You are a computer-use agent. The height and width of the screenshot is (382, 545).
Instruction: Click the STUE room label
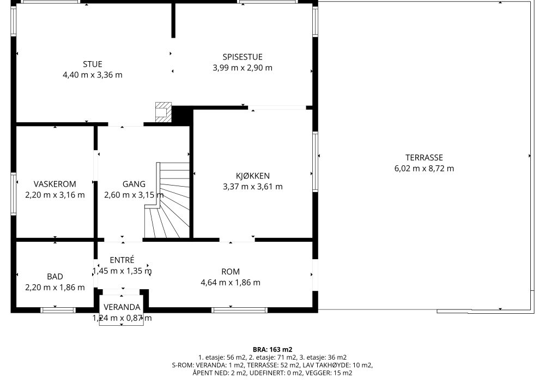click(93, 64)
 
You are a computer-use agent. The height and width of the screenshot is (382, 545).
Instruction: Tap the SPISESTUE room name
click(243, 57)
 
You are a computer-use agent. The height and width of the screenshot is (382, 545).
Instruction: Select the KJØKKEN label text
click(253, 176)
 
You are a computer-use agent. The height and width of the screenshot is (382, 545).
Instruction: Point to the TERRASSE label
click(424, 158)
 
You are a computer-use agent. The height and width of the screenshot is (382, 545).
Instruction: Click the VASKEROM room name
click(55, 184)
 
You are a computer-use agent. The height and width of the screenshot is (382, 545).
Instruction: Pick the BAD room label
click(55, 277)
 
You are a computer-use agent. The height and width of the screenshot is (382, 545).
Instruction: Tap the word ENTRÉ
click(122, 260)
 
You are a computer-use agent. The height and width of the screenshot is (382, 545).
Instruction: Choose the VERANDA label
click(122, 307)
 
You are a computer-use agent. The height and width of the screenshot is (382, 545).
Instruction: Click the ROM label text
click(231, 272)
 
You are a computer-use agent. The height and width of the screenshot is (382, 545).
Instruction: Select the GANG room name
click(134, 184)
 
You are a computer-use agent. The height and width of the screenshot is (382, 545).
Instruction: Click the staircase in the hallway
click(167, 200)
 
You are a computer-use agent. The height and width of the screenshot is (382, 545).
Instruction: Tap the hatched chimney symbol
click(163, 112)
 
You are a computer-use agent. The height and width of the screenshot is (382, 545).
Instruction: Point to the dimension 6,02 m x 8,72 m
click(424, 169)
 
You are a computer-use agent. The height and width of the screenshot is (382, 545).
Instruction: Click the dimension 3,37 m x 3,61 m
click(253, 187)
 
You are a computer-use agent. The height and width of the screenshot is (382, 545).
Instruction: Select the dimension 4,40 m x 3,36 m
click(93, 75)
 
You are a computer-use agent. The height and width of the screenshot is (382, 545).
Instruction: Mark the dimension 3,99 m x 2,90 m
click(243, 68)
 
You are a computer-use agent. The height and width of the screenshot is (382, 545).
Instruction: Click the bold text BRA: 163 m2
click(272, 350)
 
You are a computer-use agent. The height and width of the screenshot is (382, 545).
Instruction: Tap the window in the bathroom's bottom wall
click(58, 310)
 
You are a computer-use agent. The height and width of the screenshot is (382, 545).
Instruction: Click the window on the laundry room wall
click(14, 193)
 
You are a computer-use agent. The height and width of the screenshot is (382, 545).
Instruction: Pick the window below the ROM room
click(239, 310)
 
